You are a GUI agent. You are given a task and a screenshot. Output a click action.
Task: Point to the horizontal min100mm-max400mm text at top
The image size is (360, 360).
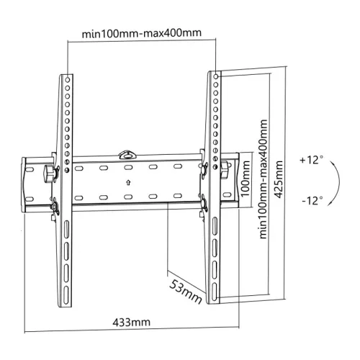pos(141,32)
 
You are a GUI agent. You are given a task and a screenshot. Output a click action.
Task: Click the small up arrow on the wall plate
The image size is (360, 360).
pos(127,181)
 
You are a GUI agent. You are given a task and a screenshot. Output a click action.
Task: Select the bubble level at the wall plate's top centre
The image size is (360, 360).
pos(127,153)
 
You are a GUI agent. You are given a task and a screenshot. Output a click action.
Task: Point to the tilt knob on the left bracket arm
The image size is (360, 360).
pos(49,173)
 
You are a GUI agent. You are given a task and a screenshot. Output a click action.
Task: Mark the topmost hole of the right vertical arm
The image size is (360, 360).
pos(214,73)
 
